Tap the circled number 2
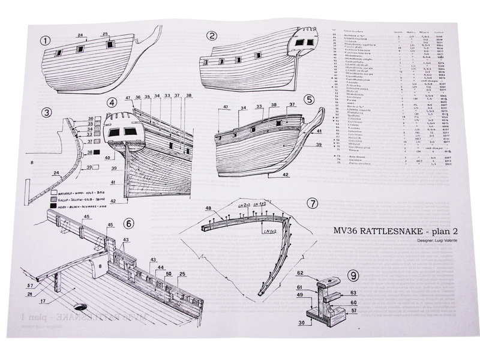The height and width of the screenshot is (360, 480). tap(211, 37)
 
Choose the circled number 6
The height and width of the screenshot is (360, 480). tap(128, 223)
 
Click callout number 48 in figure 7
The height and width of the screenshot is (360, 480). tap(208, 208)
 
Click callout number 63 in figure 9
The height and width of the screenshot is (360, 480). tap(354, 293)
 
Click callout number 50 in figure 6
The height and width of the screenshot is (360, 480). tap(169, 274)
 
